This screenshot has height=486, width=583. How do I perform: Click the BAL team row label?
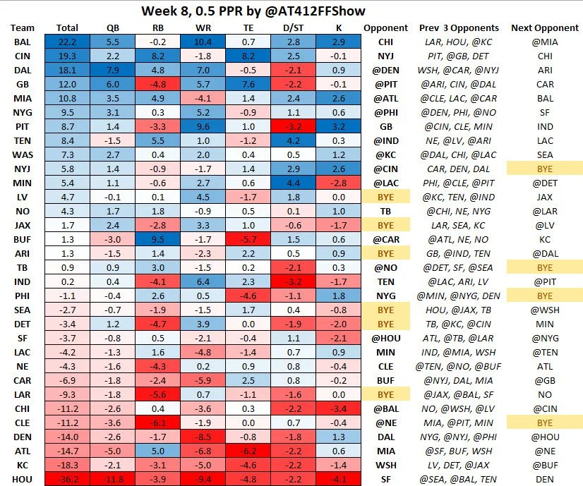22,44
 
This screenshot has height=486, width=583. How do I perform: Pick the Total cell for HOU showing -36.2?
67,480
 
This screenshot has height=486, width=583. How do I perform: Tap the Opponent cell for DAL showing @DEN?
385,71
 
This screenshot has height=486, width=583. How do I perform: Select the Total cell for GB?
67,85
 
